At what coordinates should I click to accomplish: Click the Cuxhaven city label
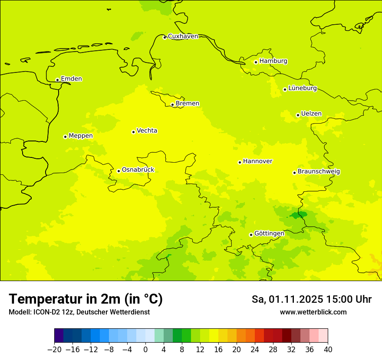(183, 36)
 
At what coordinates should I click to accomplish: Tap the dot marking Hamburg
(256, 62)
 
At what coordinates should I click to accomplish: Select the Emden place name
(71, 79)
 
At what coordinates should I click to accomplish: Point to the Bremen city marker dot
(172, 105)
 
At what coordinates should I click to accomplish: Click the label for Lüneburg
(302, 88)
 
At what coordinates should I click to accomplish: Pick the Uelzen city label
(311, 114)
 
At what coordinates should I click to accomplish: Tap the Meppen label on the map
(81, 136)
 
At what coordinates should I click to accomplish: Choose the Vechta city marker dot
(133, 132)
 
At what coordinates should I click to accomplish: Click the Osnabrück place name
(138, 170)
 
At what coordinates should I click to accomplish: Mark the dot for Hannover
(240, 162)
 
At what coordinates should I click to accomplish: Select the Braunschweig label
(319, 172)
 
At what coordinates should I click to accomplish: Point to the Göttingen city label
(269, 234)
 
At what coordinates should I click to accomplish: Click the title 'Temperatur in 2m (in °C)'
(86, 299)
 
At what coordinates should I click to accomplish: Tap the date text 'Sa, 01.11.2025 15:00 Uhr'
(311, 299)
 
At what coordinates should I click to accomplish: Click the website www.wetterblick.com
(313, 312)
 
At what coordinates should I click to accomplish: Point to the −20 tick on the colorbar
(54, 350)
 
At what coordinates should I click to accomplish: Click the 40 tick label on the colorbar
(328, 350)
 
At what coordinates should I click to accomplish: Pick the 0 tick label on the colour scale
(145, 350)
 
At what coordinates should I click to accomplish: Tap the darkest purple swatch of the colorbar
(59, 336)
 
